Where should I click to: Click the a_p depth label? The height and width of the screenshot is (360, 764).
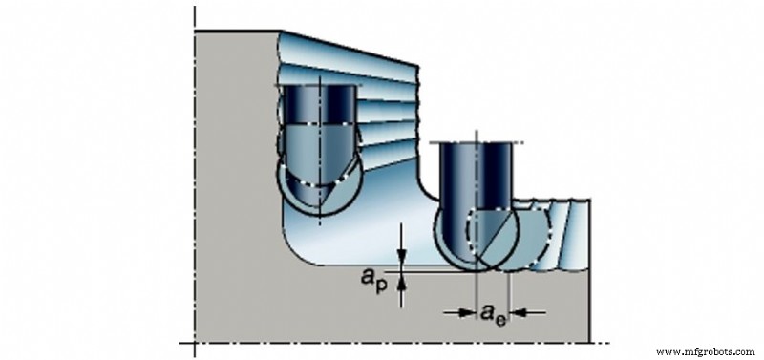pos(373,279)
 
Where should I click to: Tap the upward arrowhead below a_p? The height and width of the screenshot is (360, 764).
pos(403,279)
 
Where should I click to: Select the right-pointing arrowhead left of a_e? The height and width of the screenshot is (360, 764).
pos(469,311)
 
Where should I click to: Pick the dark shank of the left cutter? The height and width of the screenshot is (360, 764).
pos(318,110)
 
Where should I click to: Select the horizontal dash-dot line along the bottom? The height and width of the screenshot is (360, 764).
pos(401,343)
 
